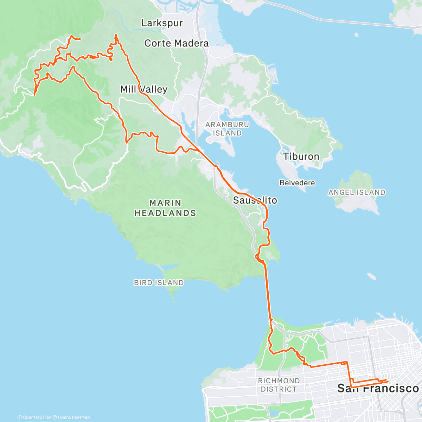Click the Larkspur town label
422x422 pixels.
[162, 23]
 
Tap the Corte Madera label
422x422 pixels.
[176, 43]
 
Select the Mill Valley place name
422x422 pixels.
[143, 89]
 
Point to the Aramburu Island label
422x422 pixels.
[227, 129]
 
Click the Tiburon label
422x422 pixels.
[301, 156]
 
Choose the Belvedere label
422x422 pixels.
[297, 183]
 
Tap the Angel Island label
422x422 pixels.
[357, 192]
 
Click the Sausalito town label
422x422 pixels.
[255, 200]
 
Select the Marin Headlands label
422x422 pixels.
[165, 208]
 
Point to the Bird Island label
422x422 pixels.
[159, 283]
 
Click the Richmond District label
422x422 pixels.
[279, 385]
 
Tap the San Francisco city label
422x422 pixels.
[378, 388]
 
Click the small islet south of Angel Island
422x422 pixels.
[371, 276]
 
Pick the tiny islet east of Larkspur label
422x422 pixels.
[357, 35]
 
